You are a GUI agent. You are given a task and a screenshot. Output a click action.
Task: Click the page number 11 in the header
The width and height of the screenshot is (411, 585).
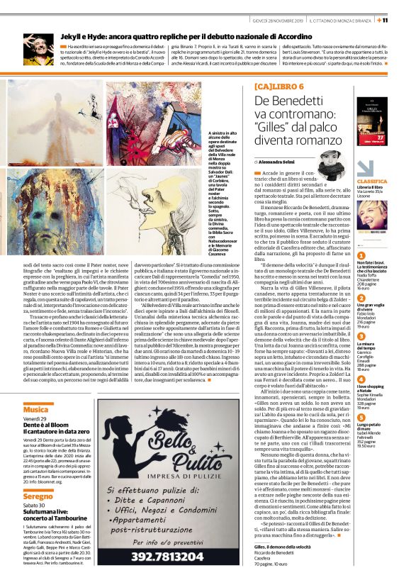(403, 20)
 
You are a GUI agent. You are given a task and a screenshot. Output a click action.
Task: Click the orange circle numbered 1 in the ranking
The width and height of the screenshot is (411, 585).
(361, 256)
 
